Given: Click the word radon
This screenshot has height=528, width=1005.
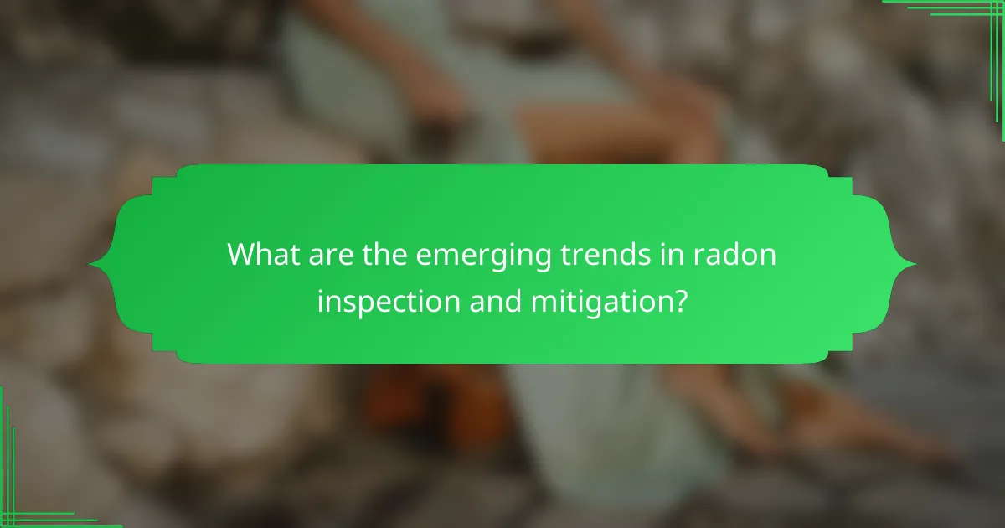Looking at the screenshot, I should (734, 254).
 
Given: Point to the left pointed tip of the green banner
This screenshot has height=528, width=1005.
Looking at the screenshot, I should (90, 264).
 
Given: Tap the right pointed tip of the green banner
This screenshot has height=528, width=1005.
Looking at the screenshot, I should (915, 264).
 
